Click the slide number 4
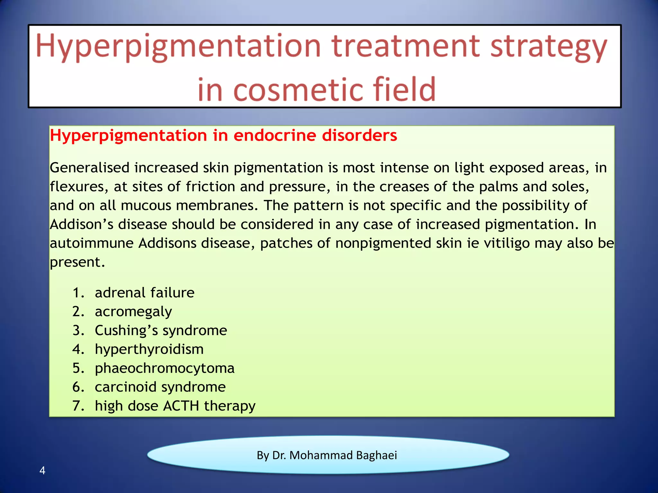point(42,471)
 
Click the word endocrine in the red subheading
point(274,135)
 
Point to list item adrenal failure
point(145,293)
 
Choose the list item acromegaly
point(133,312)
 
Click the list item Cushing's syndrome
point(161,330)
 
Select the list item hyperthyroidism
point(149,349)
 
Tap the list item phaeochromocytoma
point(164,368)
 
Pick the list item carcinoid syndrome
point(160,387)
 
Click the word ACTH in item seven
point(181,406)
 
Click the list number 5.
point(78,368)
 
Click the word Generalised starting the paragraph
point(90,168)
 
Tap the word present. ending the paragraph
point(77,262)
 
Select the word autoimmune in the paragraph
point(92,243)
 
